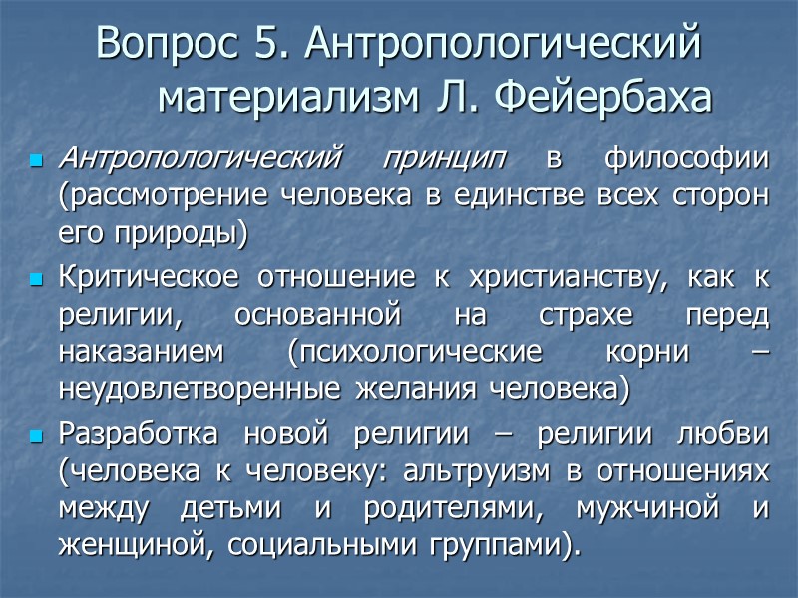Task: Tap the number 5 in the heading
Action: click(x=260, y=45)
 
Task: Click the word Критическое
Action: click(x=154, y=280)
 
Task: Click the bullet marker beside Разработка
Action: click(x=38, y=438)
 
